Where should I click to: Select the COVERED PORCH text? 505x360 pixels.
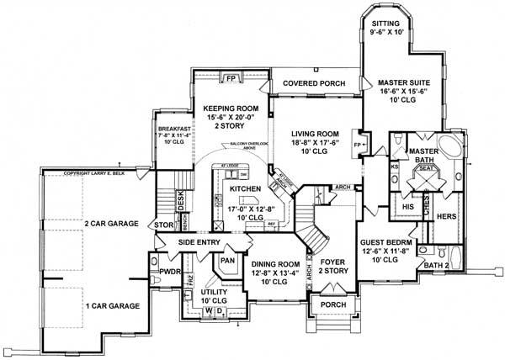pyautogui.click(x=316, y=83)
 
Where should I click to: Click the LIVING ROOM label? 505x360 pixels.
pyautogui.click(x=315, y=134)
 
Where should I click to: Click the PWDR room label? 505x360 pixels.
pyautogui.click(x=160, y=273)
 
